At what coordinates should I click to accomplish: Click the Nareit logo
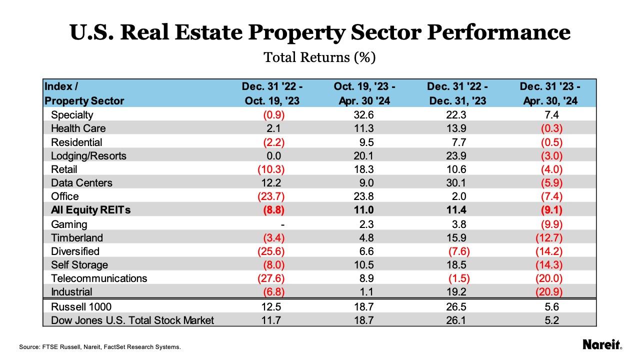602,344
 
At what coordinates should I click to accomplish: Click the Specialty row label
72,115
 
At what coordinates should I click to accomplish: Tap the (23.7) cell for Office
271,196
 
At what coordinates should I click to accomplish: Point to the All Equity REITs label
90,210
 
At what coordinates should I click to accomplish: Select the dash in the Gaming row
282,224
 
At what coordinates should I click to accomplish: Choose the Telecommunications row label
99,278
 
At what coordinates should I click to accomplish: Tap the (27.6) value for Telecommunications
271,278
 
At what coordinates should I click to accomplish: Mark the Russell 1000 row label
81,306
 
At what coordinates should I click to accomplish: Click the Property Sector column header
84,100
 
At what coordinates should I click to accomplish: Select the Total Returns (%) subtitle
319,58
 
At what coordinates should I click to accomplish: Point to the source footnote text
99,346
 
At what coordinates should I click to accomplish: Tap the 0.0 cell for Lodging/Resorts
274,156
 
